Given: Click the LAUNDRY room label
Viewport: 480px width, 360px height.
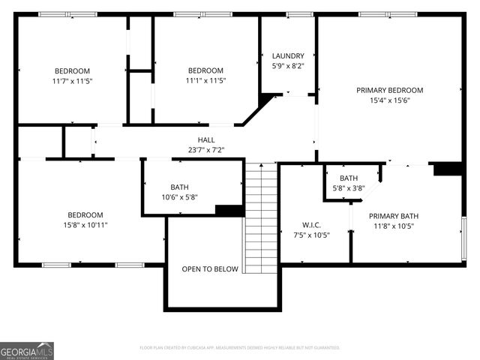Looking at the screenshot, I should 288,55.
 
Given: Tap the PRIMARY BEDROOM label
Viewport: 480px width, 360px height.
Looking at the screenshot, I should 389,90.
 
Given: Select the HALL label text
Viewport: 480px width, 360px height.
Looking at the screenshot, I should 205,139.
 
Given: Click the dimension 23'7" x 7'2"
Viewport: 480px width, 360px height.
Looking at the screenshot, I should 205,149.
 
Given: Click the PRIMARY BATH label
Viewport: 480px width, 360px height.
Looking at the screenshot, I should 391,215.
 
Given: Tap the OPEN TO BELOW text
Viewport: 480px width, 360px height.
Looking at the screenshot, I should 209,269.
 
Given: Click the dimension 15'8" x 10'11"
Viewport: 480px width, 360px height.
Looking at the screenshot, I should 85,224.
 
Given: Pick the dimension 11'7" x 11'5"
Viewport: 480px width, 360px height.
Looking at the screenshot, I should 72,80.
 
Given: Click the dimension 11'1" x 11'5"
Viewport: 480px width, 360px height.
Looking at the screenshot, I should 205,80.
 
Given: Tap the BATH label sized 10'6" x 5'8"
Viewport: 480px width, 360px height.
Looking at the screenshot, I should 179,187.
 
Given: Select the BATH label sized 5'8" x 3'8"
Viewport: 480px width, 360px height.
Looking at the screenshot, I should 348,178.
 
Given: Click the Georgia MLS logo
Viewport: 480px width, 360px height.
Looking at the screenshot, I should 27,351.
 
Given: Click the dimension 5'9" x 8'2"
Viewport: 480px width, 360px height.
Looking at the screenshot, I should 288,65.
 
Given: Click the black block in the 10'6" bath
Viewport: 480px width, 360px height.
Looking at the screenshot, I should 229,210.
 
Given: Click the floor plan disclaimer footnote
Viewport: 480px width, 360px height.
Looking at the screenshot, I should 240,348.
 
